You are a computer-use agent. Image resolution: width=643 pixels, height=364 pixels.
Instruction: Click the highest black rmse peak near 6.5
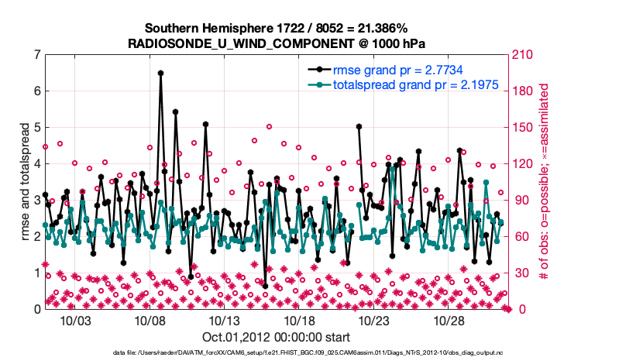click(x=160, y=73)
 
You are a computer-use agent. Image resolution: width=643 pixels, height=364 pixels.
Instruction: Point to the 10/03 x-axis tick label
click(x=77, y=321)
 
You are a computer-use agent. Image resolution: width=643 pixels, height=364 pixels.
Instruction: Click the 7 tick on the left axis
click(x=37, y=55)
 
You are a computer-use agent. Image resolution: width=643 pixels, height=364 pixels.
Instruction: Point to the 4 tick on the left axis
click(x=37, y=163)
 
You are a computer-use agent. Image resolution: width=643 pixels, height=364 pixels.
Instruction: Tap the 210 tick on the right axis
click(x=521, y=55)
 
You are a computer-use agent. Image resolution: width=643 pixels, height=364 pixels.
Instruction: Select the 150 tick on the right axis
click(x=521, y=127)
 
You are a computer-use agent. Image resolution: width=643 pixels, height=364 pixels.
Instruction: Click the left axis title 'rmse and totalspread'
click(x=24, y=181)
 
